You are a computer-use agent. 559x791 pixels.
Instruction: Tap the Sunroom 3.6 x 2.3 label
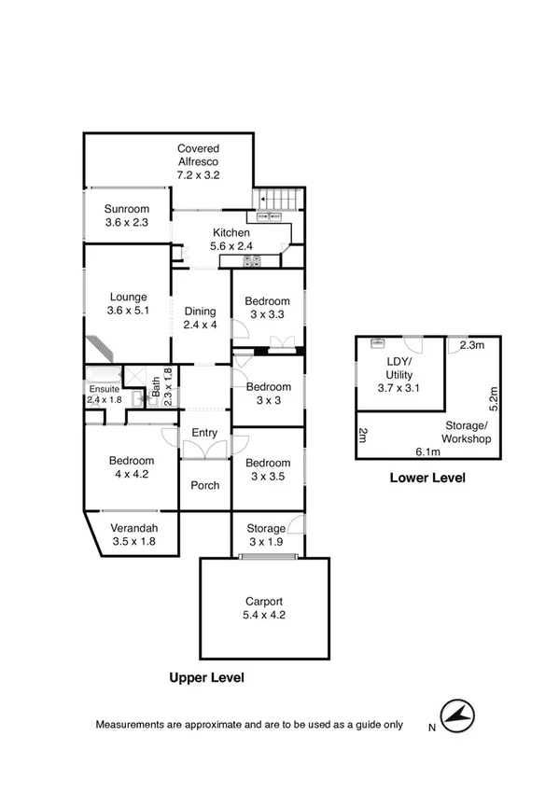click(126, 215)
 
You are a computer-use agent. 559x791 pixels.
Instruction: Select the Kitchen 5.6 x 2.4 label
click(231, 240)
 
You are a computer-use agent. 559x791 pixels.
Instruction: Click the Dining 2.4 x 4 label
click(200, 318)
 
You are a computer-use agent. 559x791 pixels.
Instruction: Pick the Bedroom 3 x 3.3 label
click(267, 308)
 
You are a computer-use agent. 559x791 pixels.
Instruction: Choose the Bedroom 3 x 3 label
click(267, 393)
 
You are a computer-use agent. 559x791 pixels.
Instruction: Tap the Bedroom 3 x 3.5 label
click(267, 469)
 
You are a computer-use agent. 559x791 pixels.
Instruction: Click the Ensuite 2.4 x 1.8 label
click(105, 395)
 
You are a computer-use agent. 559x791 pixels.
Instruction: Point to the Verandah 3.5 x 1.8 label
click(133, 534)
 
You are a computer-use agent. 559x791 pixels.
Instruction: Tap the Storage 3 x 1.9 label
click(266, 535)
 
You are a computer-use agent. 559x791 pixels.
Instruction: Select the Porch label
click(204, 485)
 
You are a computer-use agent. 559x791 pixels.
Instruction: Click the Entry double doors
click(204, 450)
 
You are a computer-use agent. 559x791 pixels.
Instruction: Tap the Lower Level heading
click(426, 479)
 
